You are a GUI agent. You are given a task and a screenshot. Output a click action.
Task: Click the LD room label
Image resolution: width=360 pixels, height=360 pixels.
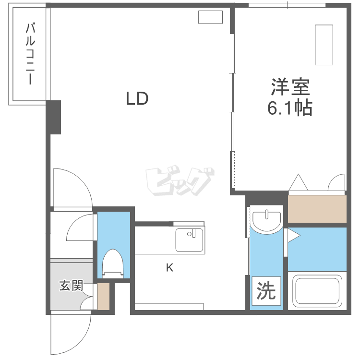[x=137, y=99]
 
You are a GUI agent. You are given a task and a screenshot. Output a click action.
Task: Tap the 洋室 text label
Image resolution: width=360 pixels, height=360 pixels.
[x=290, y=87]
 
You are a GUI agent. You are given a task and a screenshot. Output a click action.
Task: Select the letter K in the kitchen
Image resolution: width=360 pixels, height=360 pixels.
[x=169, y=268]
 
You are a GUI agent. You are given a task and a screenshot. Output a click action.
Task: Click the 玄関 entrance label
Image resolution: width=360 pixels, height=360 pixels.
[x=72, y=286]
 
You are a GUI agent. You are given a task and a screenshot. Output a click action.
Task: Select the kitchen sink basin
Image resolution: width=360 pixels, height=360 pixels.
[x=189, y=240]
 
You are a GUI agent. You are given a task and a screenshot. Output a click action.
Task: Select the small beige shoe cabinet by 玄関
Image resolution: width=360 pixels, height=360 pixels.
[x=103, y=297]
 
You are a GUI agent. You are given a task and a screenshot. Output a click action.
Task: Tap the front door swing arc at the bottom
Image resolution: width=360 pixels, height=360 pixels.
[x=72, y=334]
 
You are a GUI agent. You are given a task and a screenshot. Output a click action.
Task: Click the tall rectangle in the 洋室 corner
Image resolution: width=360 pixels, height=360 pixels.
[x=324, y=44]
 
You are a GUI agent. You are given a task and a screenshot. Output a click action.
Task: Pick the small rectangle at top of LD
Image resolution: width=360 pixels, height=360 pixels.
[x=211, y=17]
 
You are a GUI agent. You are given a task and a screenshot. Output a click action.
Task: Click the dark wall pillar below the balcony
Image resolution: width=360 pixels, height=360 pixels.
[x=54, y=117]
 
